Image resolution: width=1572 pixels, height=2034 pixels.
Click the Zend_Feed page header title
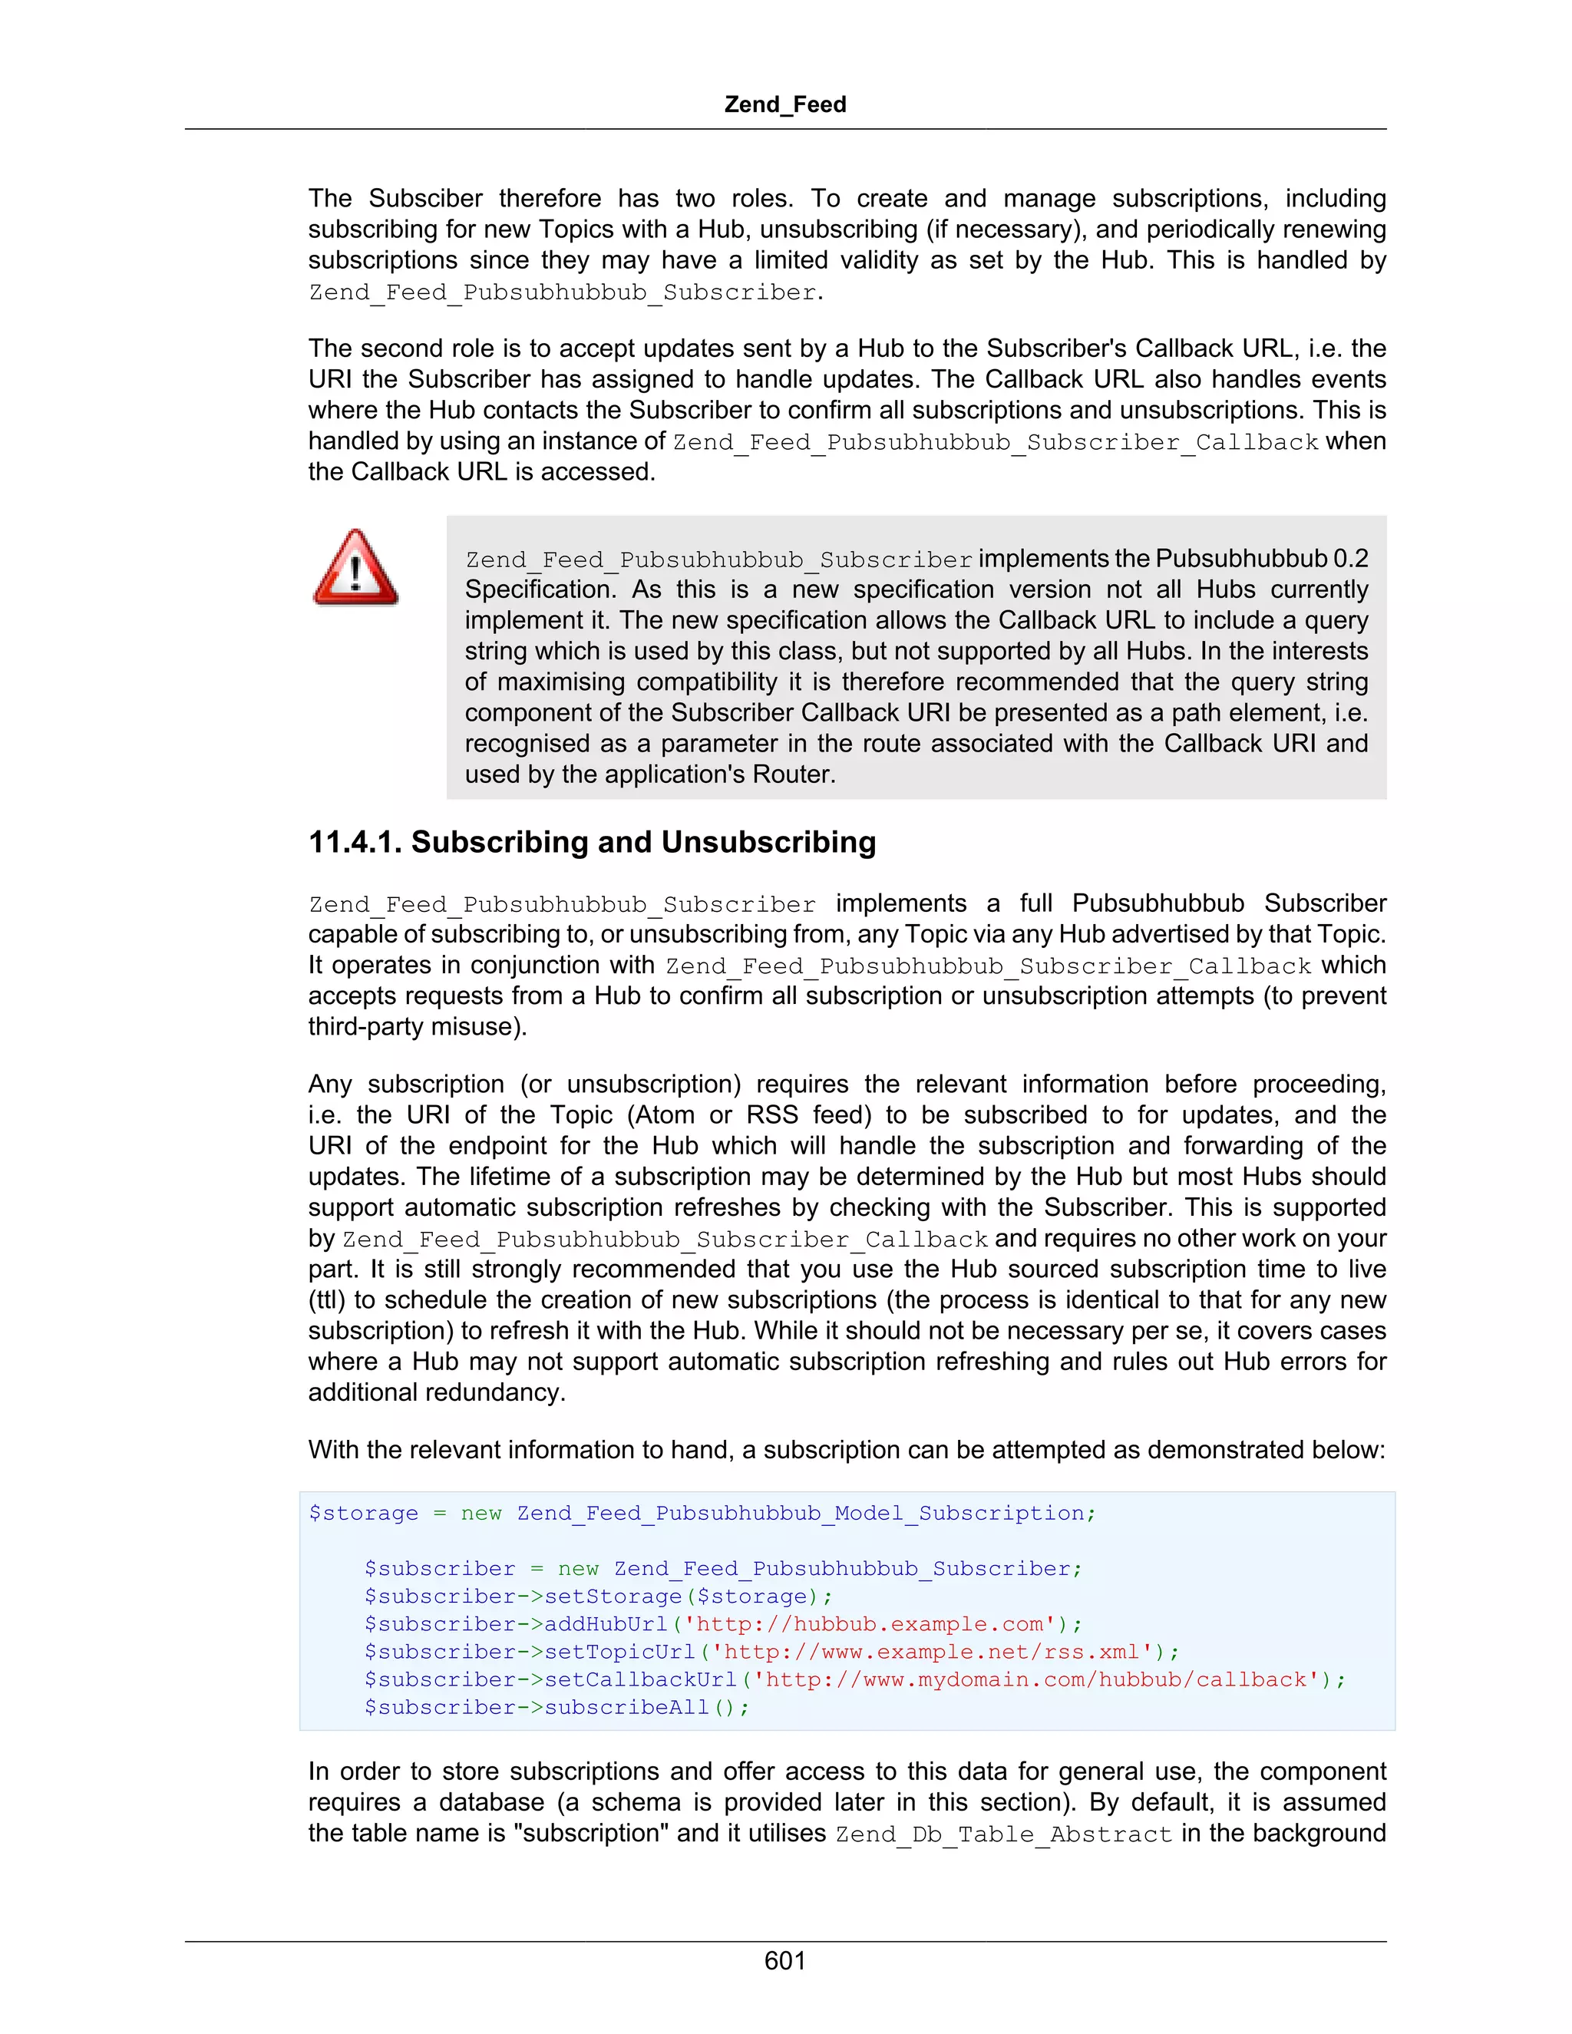tap(785, 104)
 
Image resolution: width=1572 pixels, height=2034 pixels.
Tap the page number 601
tap(784, 1960)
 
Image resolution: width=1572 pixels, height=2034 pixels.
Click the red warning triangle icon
tap(355, 568)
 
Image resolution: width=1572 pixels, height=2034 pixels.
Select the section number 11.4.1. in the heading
tap(355, 842)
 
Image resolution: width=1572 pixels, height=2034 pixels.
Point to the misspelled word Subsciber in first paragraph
tap(425, 198)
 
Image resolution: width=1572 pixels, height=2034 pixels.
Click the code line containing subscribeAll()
tap(557, 1707)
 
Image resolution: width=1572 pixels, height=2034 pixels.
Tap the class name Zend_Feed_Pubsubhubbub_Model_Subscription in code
tap(800, 1514)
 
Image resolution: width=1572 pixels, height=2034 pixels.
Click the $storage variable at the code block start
tap(363, 1514)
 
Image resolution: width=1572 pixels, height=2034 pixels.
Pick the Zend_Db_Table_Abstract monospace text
tap(1003, 1834)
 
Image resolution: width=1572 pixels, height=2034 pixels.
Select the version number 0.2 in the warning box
tap(1350, 559)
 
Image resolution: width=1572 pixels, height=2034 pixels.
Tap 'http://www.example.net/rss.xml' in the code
tap(931, 1653)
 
